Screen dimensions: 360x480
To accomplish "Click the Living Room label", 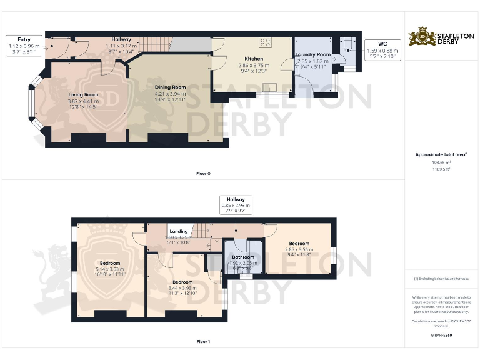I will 83,94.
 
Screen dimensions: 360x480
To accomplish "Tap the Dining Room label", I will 171,87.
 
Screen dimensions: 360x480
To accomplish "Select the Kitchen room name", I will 254,59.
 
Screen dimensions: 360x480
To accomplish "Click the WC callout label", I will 382,44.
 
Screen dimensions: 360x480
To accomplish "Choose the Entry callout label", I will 24,39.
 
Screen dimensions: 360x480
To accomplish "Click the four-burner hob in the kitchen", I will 265,43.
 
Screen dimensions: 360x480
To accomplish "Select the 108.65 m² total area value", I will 442,161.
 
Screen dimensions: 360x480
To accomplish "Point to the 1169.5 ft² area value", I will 442,169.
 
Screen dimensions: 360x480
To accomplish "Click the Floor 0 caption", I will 203,173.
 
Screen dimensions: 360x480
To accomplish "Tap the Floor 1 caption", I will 203,342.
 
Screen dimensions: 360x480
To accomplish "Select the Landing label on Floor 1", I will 179,231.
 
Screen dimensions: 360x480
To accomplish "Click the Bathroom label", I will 243,257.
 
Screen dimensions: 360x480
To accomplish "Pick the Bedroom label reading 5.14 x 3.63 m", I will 107,263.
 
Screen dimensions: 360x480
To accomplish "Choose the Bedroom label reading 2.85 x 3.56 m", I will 298,243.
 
